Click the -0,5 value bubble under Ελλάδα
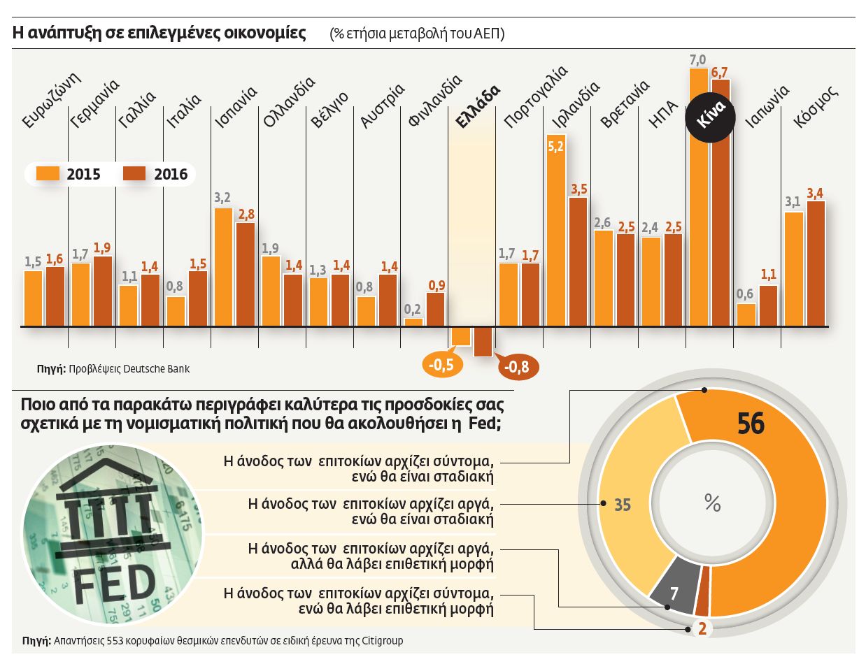[x=441, y=365]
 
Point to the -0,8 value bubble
[x=518, y=366]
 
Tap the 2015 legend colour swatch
[x=47, y=174]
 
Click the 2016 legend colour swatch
[x=134, y=174]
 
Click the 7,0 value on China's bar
[x=698, y=60]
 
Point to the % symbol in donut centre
[x=712, y=503]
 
